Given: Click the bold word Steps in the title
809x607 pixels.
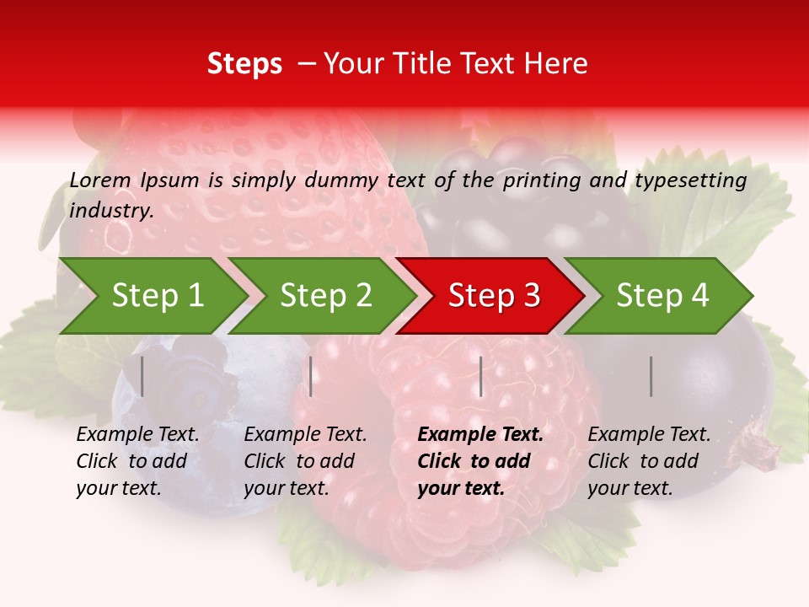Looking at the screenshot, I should click(x=244, y=64).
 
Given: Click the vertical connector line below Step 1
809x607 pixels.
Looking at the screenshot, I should click(x=142, y=376).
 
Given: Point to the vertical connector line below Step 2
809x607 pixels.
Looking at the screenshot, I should click(x=311, y=376).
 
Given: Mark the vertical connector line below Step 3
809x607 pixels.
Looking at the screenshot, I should click(x=480, y=376).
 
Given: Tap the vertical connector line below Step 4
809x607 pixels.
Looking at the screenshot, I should click(x=651, y=376).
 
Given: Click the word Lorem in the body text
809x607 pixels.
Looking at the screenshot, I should click(x=100, y=180).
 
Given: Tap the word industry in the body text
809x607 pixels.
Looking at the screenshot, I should click(x=110, y=211).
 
